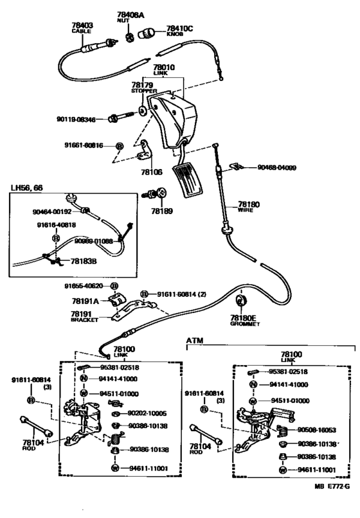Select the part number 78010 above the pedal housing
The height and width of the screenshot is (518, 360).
pos(164,66)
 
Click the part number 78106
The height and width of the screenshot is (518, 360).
pos(152,172)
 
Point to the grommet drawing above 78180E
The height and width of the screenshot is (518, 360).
pos(242,301)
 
